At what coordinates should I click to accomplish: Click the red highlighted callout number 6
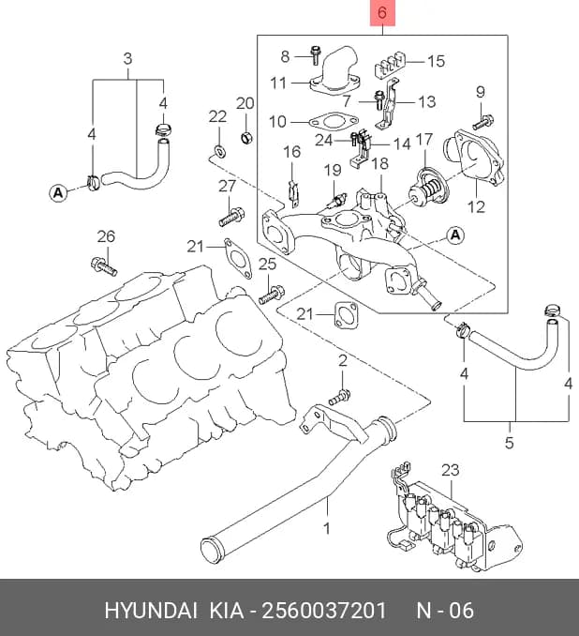tap(382, 12)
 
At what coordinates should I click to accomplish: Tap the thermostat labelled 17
tap(427, 189)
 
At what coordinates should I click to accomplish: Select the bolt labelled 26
tap(104, 265)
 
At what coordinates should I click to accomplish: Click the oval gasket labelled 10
tap(334, 121)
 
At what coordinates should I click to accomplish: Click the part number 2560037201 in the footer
tap(324, 610)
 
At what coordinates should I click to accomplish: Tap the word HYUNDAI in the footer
tap(151, 610)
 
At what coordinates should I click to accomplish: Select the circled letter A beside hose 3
tap(58, 192)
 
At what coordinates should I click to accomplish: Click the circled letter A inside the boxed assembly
tap(455, 235)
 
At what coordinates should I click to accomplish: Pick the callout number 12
tap(476, 207)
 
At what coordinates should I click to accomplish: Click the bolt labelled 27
tap(231, 216)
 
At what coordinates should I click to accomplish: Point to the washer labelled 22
tap(219, 151)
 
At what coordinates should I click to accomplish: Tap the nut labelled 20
tap(246, 138)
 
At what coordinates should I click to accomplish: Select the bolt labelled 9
tap(483, 121)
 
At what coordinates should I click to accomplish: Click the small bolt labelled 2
tap(339, 397)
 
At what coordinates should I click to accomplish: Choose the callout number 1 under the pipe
tap(327, 528)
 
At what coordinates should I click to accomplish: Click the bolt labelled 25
tap(272, 295)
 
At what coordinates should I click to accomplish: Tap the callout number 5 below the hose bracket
tap(510, 442)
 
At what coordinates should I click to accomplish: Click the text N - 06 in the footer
tap(445, 610)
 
